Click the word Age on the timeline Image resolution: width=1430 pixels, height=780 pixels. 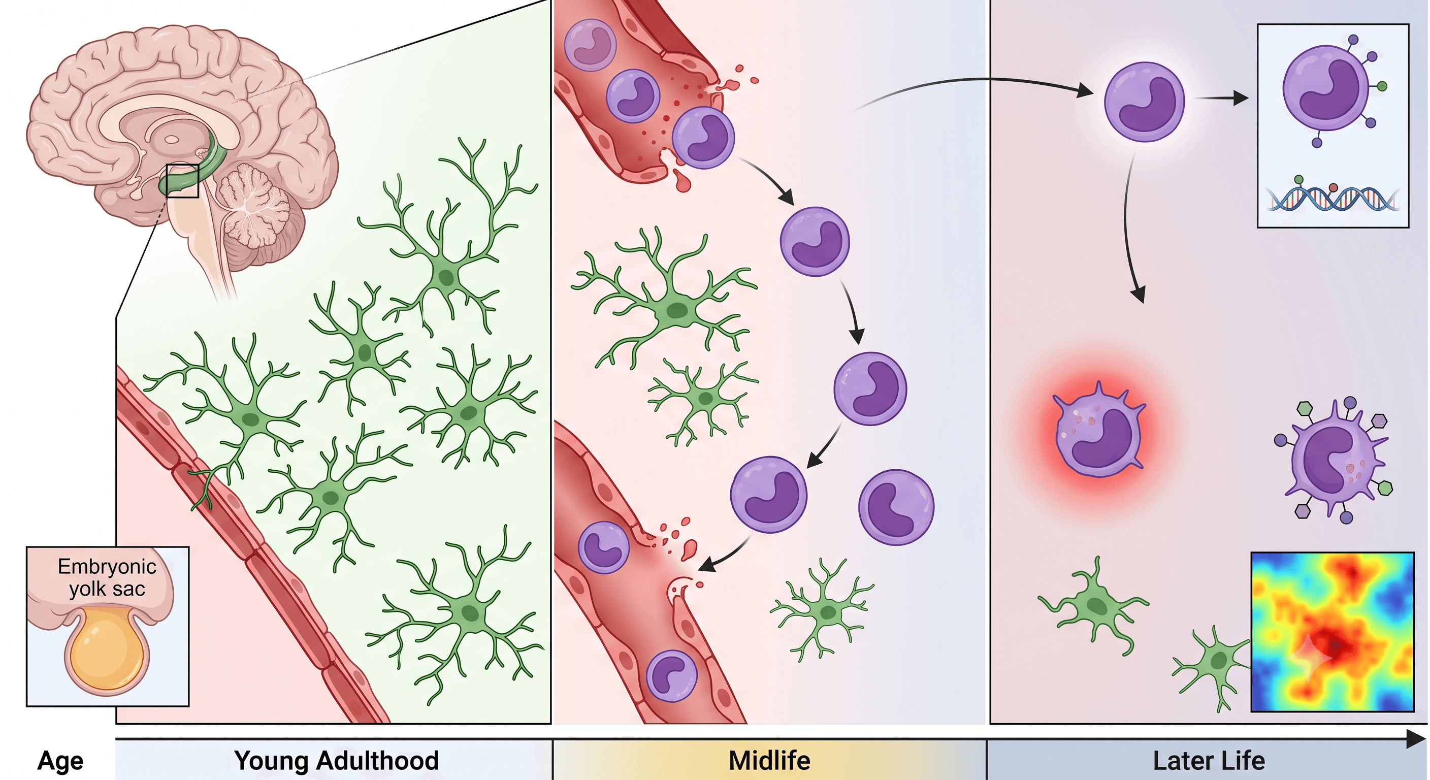60,761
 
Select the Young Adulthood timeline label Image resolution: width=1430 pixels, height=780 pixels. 336,761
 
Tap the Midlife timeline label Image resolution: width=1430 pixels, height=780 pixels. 769,761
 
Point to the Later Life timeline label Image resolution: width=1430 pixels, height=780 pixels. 1209,761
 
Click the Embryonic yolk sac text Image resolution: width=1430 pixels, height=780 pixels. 107,577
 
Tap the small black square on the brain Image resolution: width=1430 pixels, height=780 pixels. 182,181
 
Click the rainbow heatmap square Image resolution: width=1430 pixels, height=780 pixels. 1332,632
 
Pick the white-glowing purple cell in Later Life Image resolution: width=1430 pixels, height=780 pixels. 1144,102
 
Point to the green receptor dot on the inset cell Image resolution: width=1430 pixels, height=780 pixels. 1382,86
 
